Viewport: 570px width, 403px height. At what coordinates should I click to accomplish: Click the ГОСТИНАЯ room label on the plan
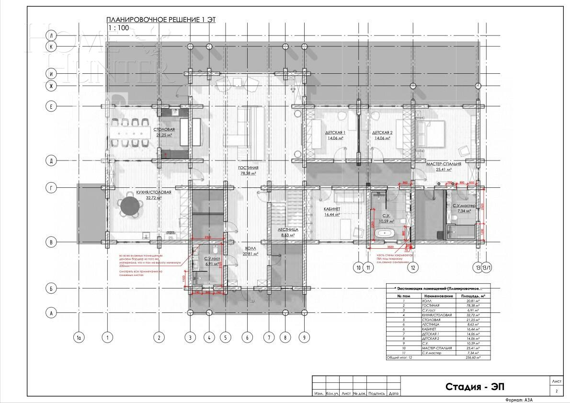click(248, 168)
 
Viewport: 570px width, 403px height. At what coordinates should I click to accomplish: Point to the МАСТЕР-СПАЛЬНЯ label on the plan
click(444, 164)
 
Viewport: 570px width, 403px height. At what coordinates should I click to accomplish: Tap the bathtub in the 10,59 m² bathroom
click(384, 233)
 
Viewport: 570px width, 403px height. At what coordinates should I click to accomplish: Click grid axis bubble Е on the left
click(51, 106)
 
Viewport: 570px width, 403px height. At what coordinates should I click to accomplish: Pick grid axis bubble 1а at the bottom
click(80, 338)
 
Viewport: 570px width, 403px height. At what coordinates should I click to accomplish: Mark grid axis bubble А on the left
click(51, 313)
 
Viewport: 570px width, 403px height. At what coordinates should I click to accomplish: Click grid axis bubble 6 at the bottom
click(247, 338)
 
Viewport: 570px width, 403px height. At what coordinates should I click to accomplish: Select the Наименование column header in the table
click(438, 296)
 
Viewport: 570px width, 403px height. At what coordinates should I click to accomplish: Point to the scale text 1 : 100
click(118, 28)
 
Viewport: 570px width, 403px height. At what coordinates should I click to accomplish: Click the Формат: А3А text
click(519, 400)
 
